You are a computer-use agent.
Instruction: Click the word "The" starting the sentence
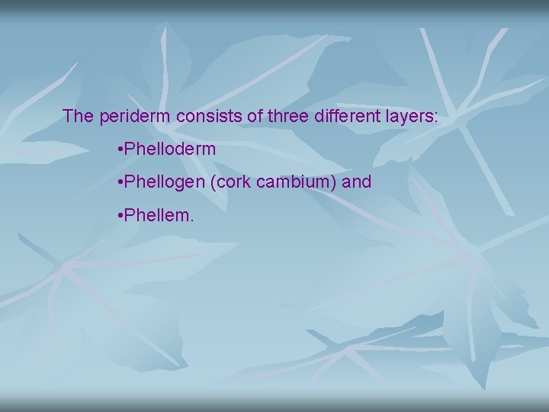click(78, 117)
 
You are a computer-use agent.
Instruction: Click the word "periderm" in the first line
click(134, 117)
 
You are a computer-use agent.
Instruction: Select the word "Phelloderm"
click(172, 150)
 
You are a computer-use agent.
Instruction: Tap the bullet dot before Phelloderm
click(122, 150)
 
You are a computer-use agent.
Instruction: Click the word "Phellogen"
click(165, 182)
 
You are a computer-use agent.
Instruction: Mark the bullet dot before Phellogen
click(122, 183)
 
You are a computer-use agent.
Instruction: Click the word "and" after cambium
click(357, 182)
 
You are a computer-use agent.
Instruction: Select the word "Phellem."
click(161, 216)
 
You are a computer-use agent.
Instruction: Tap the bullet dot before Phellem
click(122, 217)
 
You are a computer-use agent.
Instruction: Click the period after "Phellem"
click(192, 220)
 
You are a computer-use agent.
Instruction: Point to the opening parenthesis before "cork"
click(212, 183)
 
